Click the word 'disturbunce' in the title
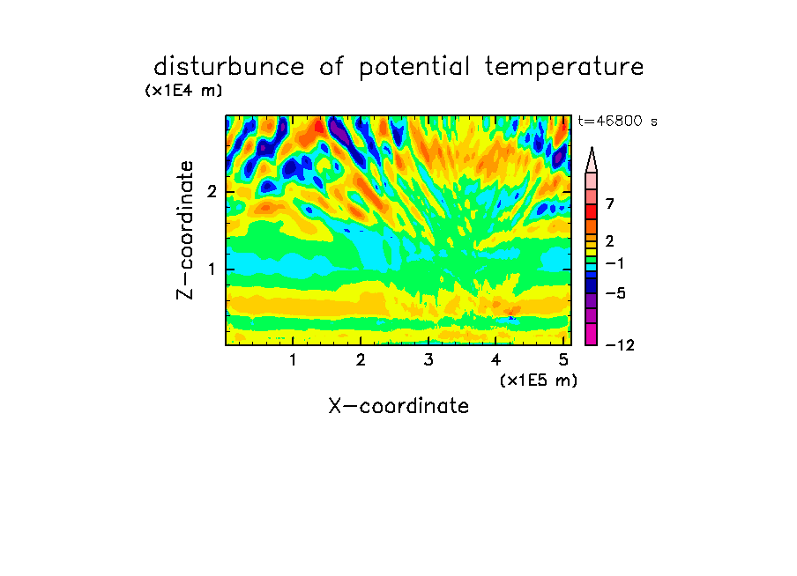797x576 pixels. (x=228, y=66)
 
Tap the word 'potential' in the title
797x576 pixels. (x=414, y=68)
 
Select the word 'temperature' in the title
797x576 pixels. (x=563, y=68)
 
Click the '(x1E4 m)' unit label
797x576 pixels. (x=183, y=91)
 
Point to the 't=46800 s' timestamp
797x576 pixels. (x=617, y=122)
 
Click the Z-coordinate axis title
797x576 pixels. (x=185, y=230)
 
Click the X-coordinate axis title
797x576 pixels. (x=398, y=406)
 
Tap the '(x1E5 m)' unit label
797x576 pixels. (x=539, y=380)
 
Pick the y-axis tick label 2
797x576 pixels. (x=212, y=192)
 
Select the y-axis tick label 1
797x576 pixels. (x=212, y=269)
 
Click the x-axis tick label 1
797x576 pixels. (x=293, y=360)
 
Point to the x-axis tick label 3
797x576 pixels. (x=428, y=360)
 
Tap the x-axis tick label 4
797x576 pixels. (x=495, y=360)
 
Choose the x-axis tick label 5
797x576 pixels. (x=563, y=360)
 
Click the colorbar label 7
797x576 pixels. (x=610, y=203)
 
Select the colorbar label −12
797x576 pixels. (x=620, y=345)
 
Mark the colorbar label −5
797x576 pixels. (x=615, y=293)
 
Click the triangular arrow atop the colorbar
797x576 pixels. (x=592, y=159)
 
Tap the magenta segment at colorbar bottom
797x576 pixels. (x=592, y=334)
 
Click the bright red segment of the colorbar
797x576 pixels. (x=592, y=211)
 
